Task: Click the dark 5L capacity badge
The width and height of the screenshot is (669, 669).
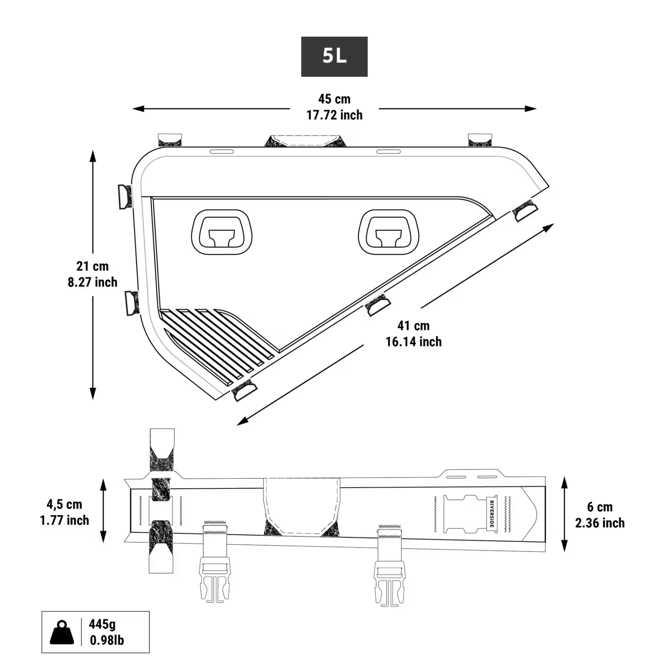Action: click(x=334, y=56)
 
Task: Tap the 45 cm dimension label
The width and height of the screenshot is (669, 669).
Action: click(x=334, y=99)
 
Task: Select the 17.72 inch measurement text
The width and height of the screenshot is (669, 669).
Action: click(x=334, y=115)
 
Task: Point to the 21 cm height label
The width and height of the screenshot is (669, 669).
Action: click(x=92, y=266)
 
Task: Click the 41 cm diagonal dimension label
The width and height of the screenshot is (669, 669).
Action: click(x=413, y=326)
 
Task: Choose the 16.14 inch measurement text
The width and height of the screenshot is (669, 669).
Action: click(x=413, y=342)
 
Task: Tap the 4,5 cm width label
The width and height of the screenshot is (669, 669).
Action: click(x=64, y=504)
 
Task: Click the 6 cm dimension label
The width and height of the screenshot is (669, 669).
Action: click(x=600, y=507)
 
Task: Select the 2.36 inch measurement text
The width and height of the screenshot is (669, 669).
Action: click(x=600, y=523)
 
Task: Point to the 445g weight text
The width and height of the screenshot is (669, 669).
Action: click(x=102, y=624)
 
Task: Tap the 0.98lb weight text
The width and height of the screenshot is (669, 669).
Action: click(x=107, y=640)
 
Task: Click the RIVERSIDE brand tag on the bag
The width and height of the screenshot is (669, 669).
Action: click(x=492, y=514)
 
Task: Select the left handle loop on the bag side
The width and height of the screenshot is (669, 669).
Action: click(x=222, y=232)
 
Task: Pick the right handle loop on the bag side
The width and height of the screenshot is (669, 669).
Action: click(x=388, y=232)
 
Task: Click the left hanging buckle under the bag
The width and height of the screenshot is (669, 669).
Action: click(x=215, y=579)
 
